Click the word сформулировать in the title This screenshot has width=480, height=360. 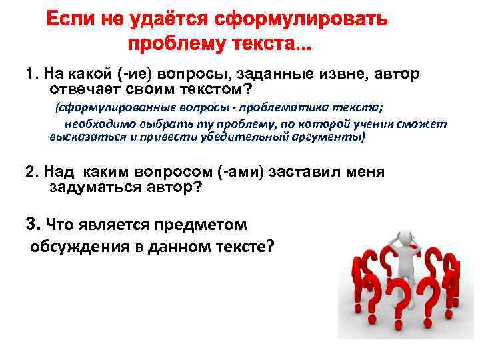point(301,20)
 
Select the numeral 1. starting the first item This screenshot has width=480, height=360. point(31,74)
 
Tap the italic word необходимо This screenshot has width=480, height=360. point(97,124)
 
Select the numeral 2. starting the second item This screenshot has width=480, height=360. point(31,172)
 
